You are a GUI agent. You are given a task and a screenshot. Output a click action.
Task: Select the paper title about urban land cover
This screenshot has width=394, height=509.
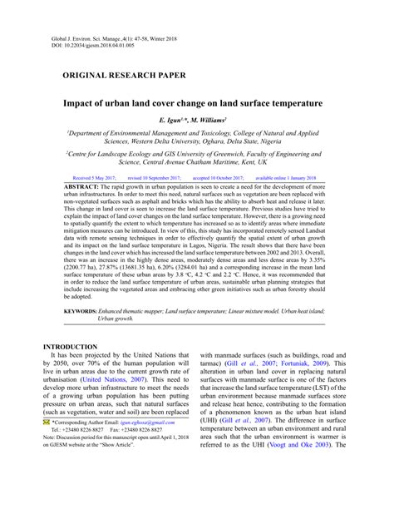pyautogui.click(x=193, y=103)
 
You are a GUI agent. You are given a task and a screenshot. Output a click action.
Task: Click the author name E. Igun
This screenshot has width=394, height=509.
pyautogui.click(x=170, y=120)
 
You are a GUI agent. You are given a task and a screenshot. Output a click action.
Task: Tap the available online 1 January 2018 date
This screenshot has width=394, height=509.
pyautogui.click(x=288, y=178)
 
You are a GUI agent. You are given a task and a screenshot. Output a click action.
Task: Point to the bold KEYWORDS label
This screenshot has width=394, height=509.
pyautogui.click(x=84, y=287)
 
